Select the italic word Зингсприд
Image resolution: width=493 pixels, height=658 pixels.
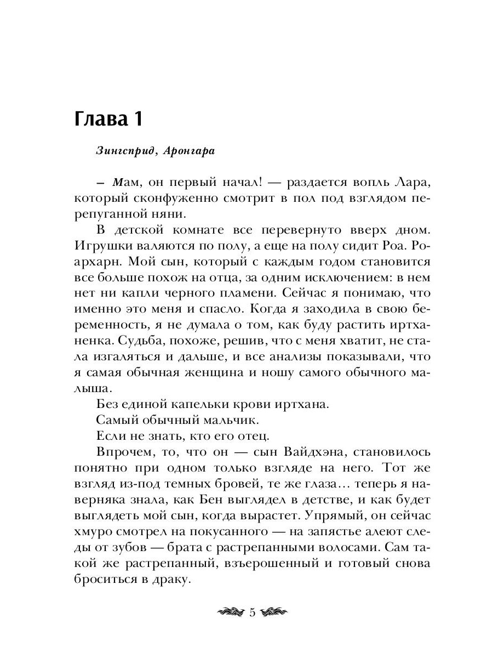[120, 152]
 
